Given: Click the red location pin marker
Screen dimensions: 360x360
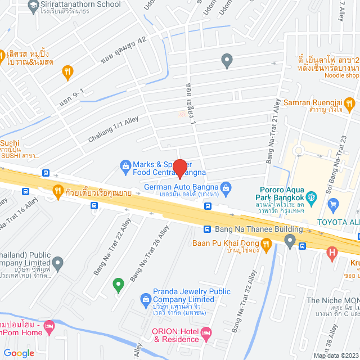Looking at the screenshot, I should coord(179,169).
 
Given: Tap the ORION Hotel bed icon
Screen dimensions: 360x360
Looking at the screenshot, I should coord(206,335).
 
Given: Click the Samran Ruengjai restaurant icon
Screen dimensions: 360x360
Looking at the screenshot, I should coord(349,103).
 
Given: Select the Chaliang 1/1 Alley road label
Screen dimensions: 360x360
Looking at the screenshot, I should coord(113,129).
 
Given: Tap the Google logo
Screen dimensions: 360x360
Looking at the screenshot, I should coord(19,353).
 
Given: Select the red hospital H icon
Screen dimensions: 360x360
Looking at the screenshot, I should coord(332,253).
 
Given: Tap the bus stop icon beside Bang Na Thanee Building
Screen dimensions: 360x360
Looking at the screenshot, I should coord(208,229).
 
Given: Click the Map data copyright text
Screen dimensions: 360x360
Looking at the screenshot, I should coord(335,355).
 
